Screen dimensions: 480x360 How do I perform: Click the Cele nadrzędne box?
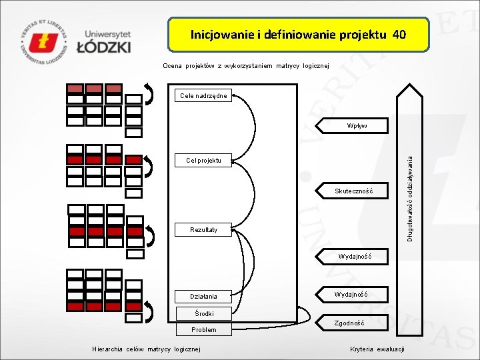coord(204,96)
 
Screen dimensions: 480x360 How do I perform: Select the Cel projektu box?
coord(204,160)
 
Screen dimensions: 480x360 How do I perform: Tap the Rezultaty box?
coord(204,230)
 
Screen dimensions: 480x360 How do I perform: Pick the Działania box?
coord(204,296)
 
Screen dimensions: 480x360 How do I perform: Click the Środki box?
coord(204,313)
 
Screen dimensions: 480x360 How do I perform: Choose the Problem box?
coord(204,329)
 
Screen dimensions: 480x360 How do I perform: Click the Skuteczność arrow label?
coord(353,192)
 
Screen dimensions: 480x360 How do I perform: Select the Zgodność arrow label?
coord(349,323)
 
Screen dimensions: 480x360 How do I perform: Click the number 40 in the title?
coord(399,34)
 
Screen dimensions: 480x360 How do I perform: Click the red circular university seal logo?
coord(45,41)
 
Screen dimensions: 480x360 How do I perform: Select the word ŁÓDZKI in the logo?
coord(103,46)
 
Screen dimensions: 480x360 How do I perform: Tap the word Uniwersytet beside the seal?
coord(108,33)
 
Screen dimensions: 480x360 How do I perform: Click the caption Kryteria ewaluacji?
coord(377,349)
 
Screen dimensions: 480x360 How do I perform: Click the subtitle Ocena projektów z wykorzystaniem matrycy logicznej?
coord(246,66)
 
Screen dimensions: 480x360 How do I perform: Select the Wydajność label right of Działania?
coord(350,294)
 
